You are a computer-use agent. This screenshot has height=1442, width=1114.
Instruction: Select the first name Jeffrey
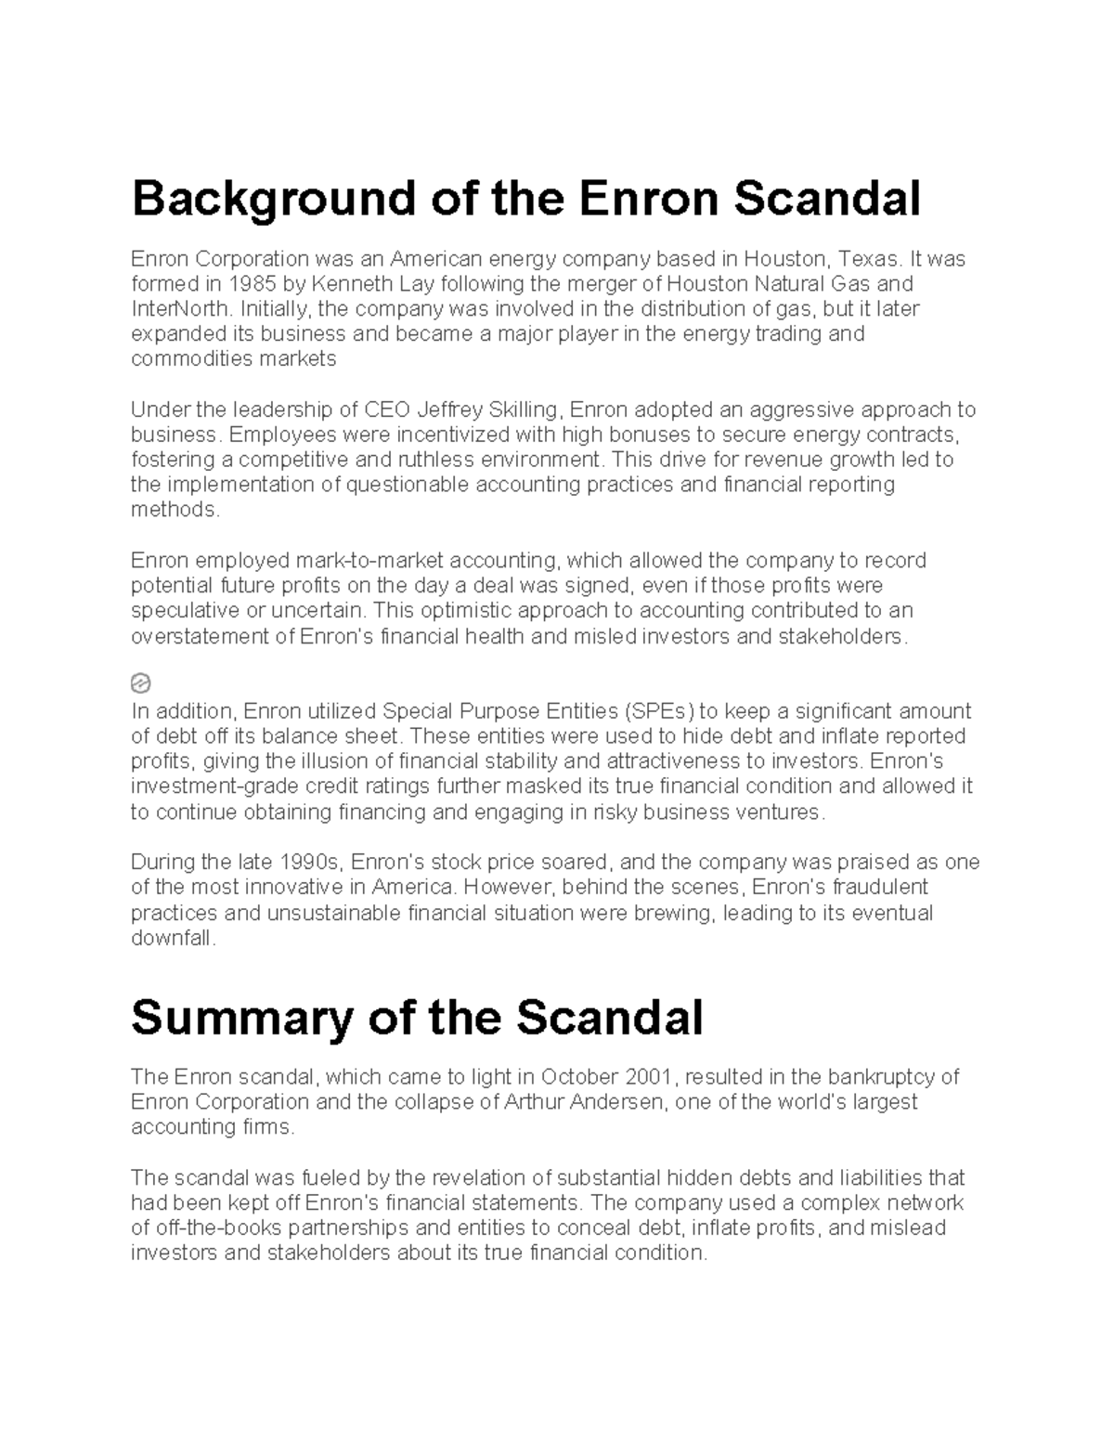[x=451, y=409]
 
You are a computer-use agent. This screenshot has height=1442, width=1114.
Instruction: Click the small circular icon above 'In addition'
[x=140, y=684]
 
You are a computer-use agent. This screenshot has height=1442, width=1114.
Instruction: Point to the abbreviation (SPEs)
[x=658, y=711]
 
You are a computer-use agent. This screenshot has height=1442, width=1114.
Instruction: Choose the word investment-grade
[x=210, y=786]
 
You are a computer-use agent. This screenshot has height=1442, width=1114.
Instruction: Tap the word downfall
[x=173, y=938]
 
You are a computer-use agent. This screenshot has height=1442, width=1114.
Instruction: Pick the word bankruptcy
[x=882, y=1077]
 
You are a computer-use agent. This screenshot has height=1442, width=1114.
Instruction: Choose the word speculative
[x=186, y=611]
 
